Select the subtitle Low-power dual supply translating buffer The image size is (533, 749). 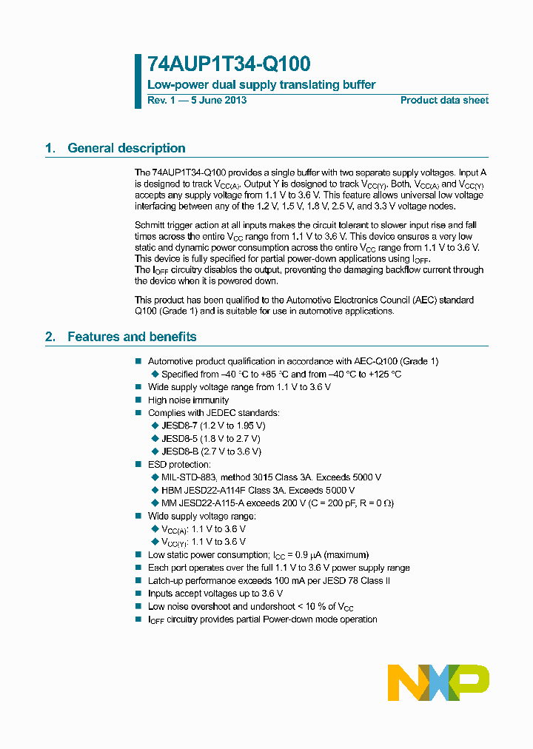(261, 85)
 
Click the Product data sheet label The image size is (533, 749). (444, 101)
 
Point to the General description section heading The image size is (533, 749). (126, 148)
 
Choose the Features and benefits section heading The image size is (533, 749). (132, 337)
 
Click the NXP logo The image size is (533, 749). (438, 682)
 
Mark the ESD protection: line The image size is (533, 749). (179, 464)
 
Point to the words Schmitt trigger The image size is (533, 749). (164, 225)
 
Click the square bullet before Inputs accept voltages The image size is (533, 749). (138, 594)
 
